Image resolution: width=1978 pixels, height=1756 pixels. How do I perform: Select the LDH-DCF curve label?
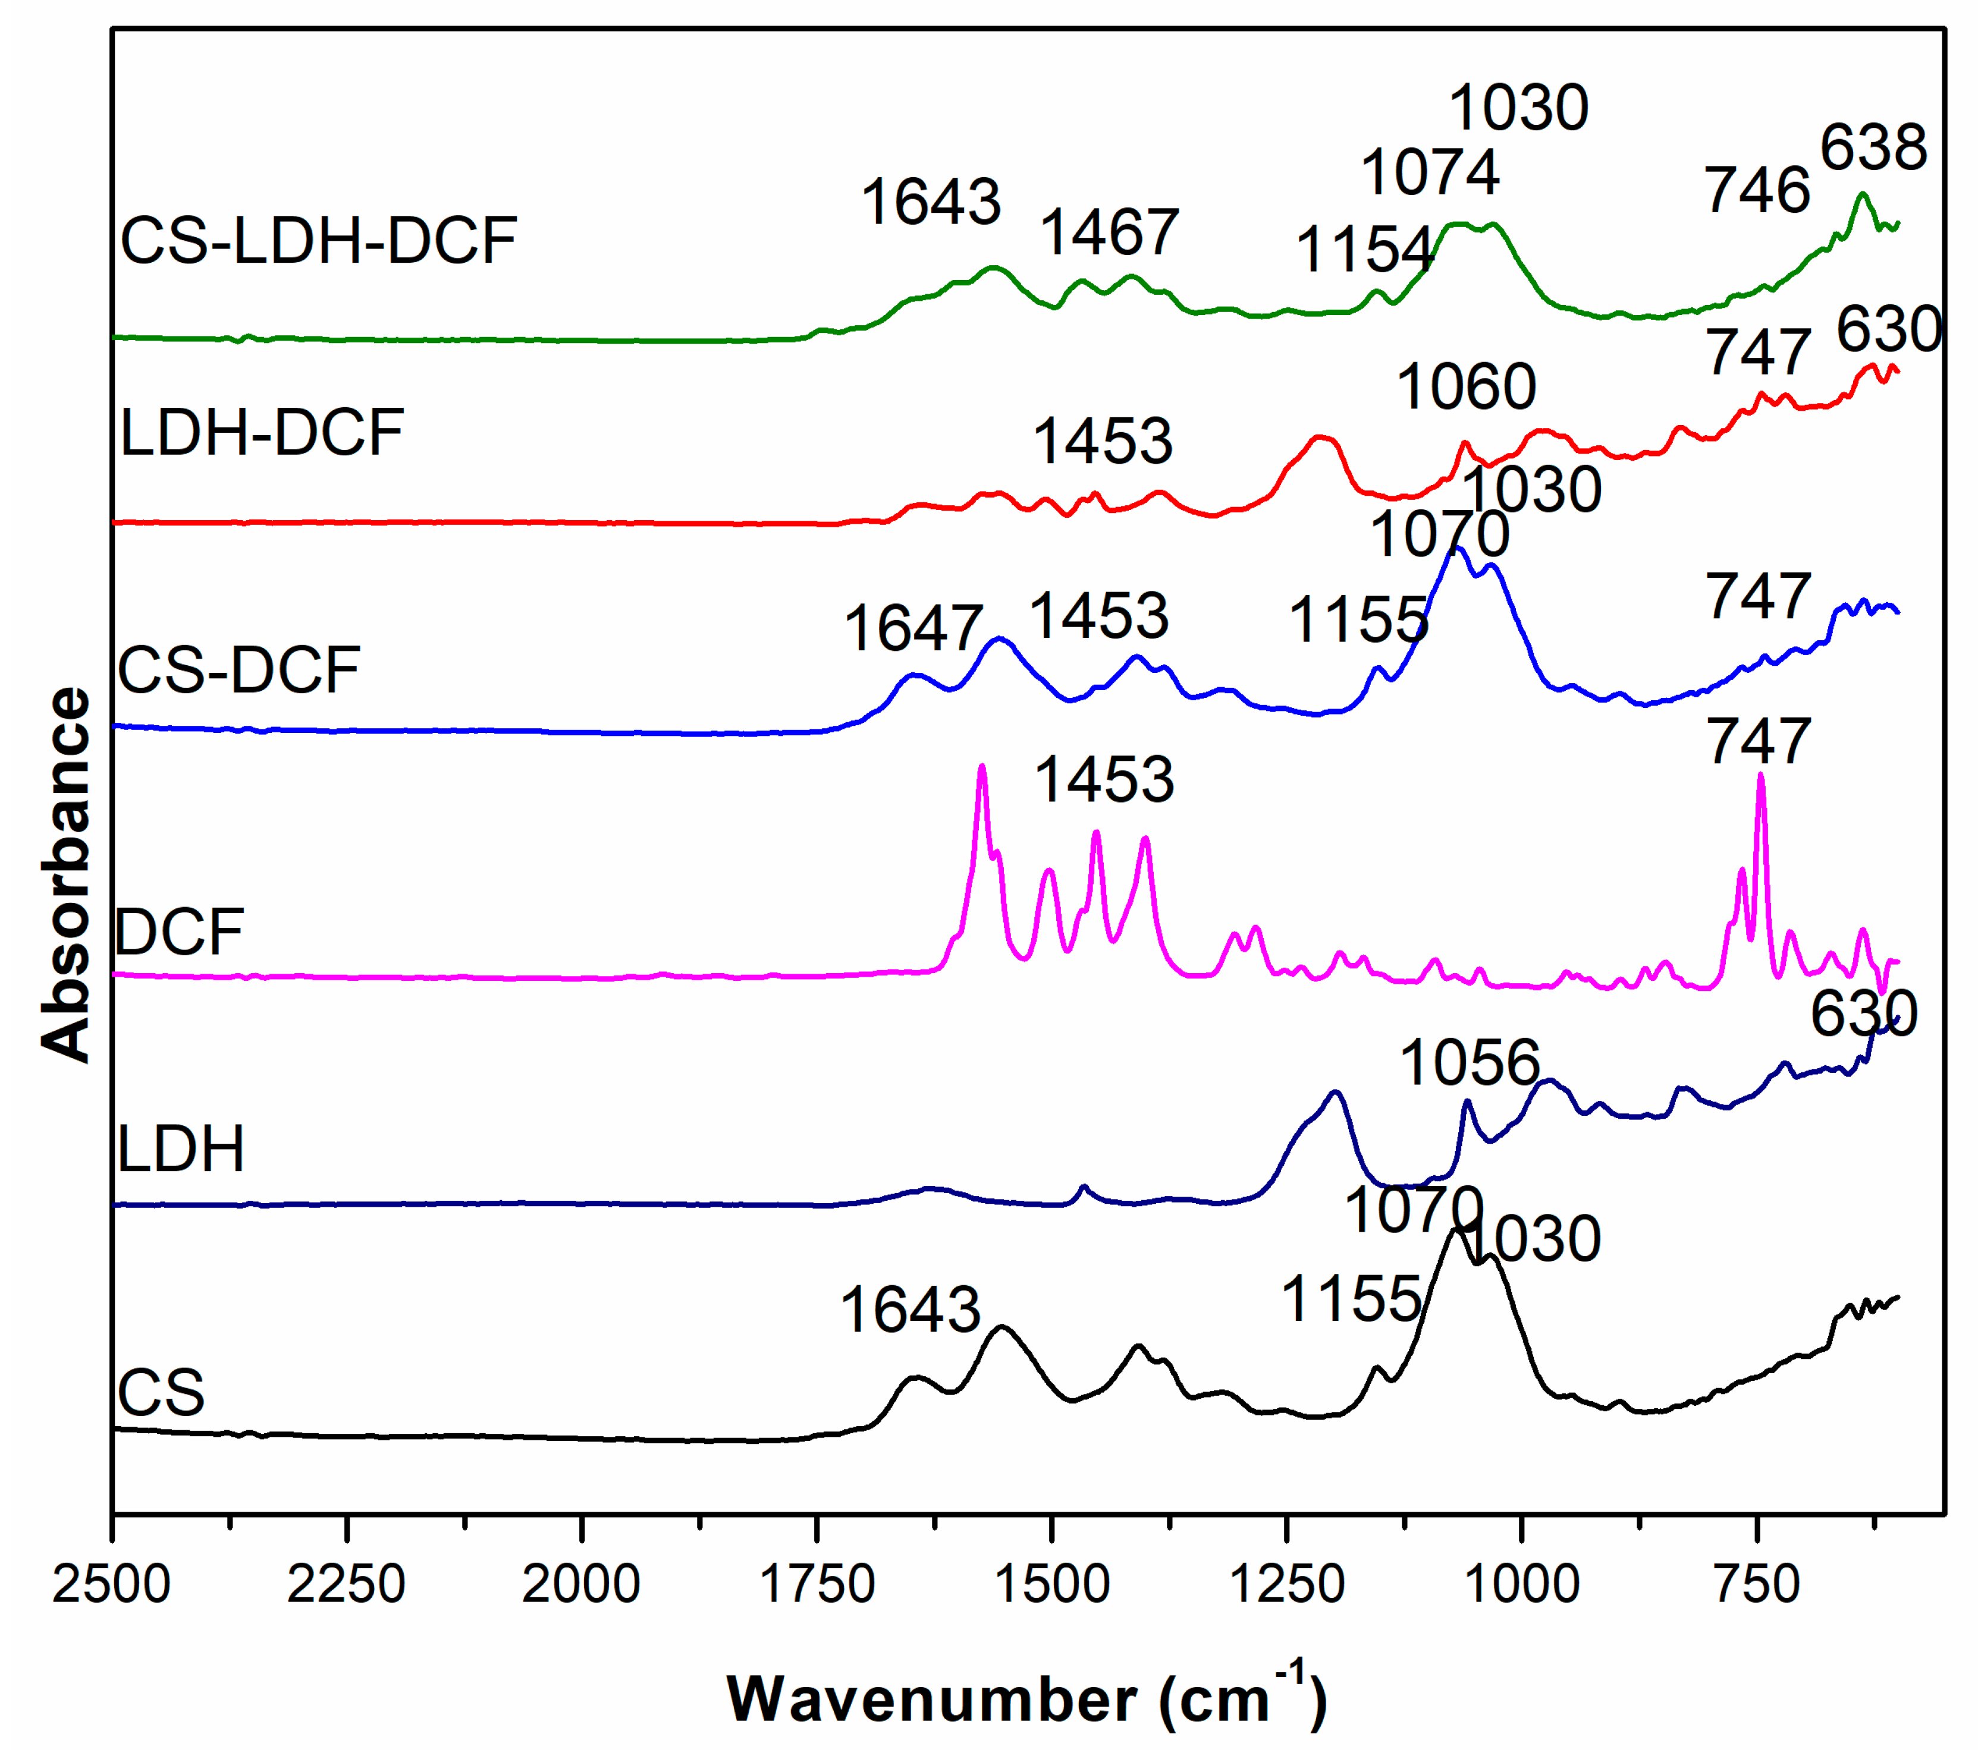click(261, 433)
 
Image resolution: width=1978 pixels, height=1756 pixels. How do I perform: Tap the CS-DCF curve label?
click(239, 669)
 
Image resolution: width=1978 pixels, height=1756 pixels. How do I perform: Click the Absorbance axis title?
click(66, 876)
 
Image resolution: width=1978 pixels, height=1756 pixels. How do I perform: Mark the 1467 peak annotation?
click(1109, 232)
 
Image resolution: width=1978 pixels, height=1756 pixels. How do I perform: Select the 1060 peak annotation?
click(1466, 387)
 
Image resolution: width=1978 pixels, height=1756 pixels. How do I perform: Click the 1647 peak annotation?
click(913, 629)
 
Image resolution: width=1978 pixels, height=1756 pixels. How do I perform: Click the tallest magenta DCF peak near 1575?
click(982, 767)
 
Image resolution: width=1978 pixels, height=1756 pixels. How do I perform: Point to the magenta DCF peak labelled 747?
click(1760, 775)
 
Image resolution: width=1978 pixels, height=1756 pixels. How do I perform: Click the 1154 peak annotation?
click(1364, 250)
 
